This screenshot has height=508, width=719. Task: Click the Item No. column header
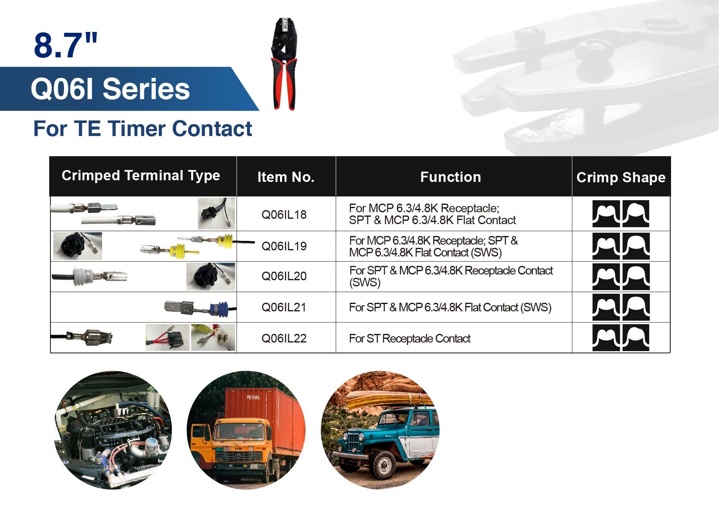pyautogui.click(x=286, y=177)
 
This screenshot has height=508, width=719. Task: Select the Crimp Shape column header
pyautogui.click(x=621, y=177)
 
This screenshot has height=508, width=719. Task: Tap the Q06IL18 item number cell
pyautogui.click(x=284, y=215)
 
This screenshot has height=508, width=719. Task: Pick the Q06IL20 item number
pyautogui.click(x=284, y=276)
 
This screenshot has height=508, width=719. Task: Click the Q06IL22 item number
pyautogui.click(x=284, y=338)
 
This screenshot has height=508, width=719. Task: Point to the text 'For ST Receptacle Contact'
pyautogui.click(x=410, y=338)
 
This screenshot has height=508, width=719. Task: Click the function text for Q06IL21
pyautogui.click(x=450, y=307)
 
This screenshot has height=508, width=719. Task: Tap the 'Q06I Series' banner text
pyautogui.click(x=110, y=89)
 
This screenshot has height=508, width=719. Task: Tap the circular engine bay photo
pyautogui.click(x=113, y=430)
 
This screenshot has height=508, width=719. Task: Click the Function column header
pyautogui.click(x=451, y=177)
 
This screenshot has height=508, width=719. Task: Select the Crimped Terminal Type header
pyautogui.click(x=141, y=175)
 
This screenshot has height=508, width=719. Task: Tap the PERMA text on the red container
pyautogui.click(x=253, y=397)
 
